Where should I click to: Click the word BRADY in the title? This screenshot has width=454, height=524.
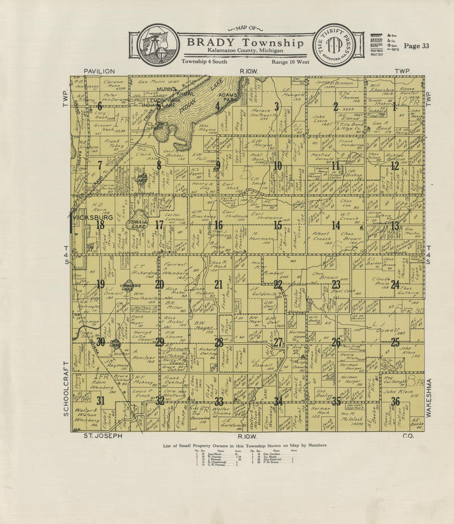tap(210, 43)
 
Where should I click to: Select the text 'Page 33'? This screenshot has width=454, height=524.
tap(416, 46)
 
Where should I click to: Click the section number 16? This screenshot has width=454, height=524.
tap(218, 225)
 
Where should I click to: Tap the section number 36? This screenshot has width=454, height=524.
tap(395, 401)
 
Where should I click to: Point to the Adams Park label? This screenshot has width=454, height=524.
tap(227, 97)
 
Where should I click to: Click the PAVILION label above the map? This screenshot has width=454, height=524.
tap(99, 71)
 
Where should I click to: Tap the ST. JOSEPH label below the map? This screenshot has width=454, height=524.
tap(103, 436)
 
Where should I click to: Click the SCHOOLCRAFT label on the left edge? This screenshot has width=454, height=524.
tap(66, 388)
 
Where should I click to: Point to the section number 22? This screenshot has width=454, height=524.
tap(277, 284)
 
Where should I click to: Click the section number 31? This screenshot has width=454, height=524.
tap(100, 401)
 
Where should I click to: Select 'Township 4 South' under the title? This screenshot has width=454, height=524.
tap(204, 62)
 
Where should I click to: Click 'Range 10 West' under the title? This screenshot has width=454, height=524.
tap(291, 62)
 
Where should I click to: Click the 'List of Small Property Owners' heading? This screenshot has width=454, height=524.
tap(245, 445)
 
